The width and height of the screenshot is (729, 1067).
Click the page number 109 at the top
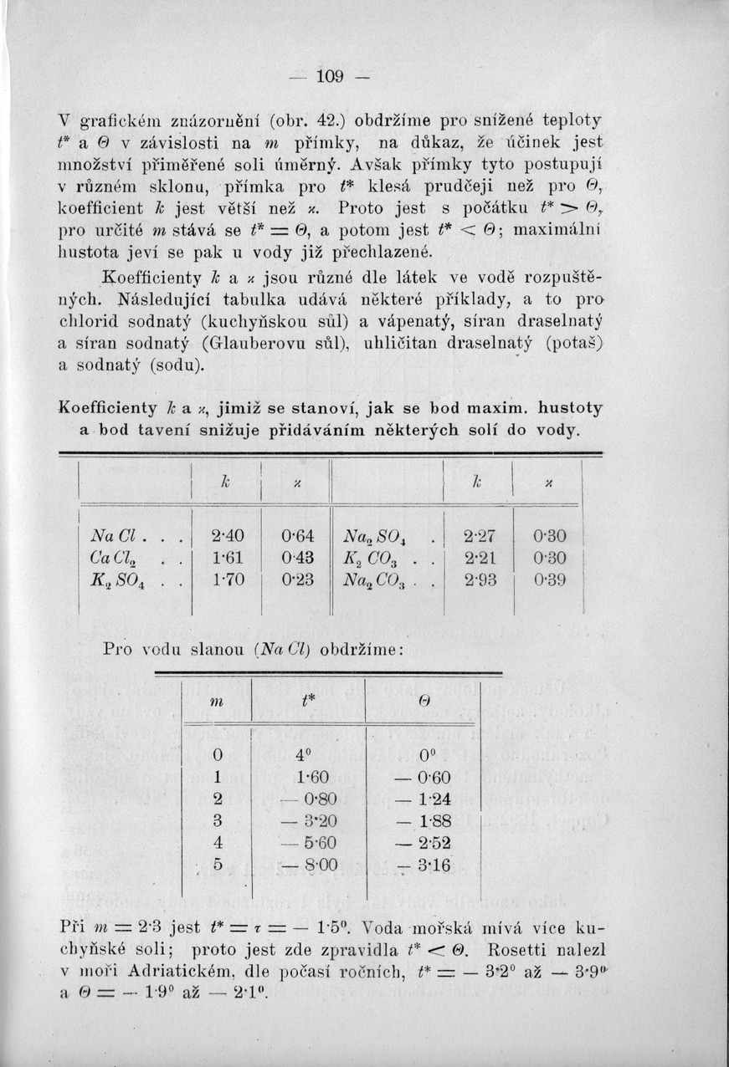click(331, 77)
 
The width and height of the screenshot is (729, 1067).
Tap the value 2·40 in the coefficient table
click(226, 534)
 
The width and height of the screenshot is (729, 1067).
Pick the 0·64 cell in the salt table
click(297, 534)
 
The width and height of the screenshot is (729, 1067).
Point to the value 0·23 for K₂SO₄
click(297, 577)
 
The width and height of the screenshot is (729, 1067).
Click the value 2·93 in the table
click(478, 577)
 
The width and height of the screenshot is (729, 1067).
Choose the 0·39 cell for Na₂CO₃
click(548, 577)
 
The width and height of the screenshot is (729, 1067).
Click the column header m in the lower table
click(217, 702)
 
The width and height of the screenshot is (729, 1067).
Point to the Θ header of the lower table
click(424, 702)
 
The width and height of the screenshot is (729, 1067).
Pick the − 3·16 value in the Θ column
click(424, 864)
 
